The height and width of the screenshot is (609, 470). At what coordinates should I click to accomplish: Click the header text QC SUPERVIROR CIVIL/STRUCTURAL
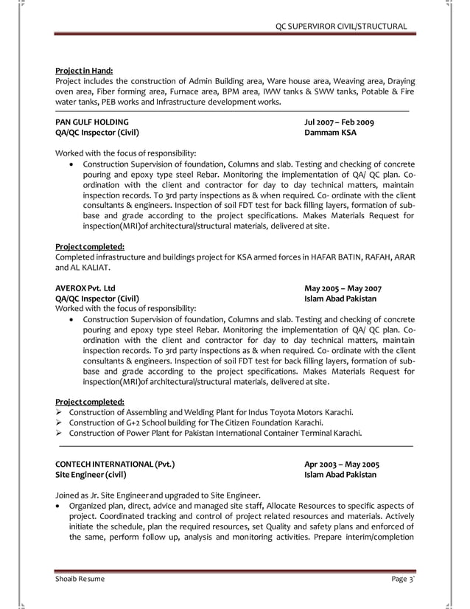tap(340, 27)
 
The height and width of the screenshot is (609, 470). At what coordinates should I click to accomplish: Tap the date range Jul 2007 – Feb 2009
tap(340, 122)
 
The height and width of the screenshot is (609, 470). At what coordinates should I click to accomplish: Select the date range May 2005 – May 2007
tap(343, 288)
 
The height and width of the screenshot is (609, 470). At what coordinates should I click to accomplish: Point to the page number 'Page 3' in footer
tap(402, 579)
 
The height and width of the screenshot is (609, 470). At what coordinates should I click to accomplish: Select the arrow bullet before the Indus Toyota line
tap(60, 411)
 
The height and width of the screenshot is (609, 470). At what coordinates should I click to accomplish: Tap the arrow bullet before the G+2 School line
tap(60, 422)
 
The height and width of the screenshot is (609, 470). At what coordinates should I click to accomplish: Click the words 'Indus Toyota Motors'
tap(277, 411)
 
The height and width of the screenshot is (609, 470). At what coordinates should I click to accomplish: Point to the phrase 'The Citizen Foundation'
tap(243, 422)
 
